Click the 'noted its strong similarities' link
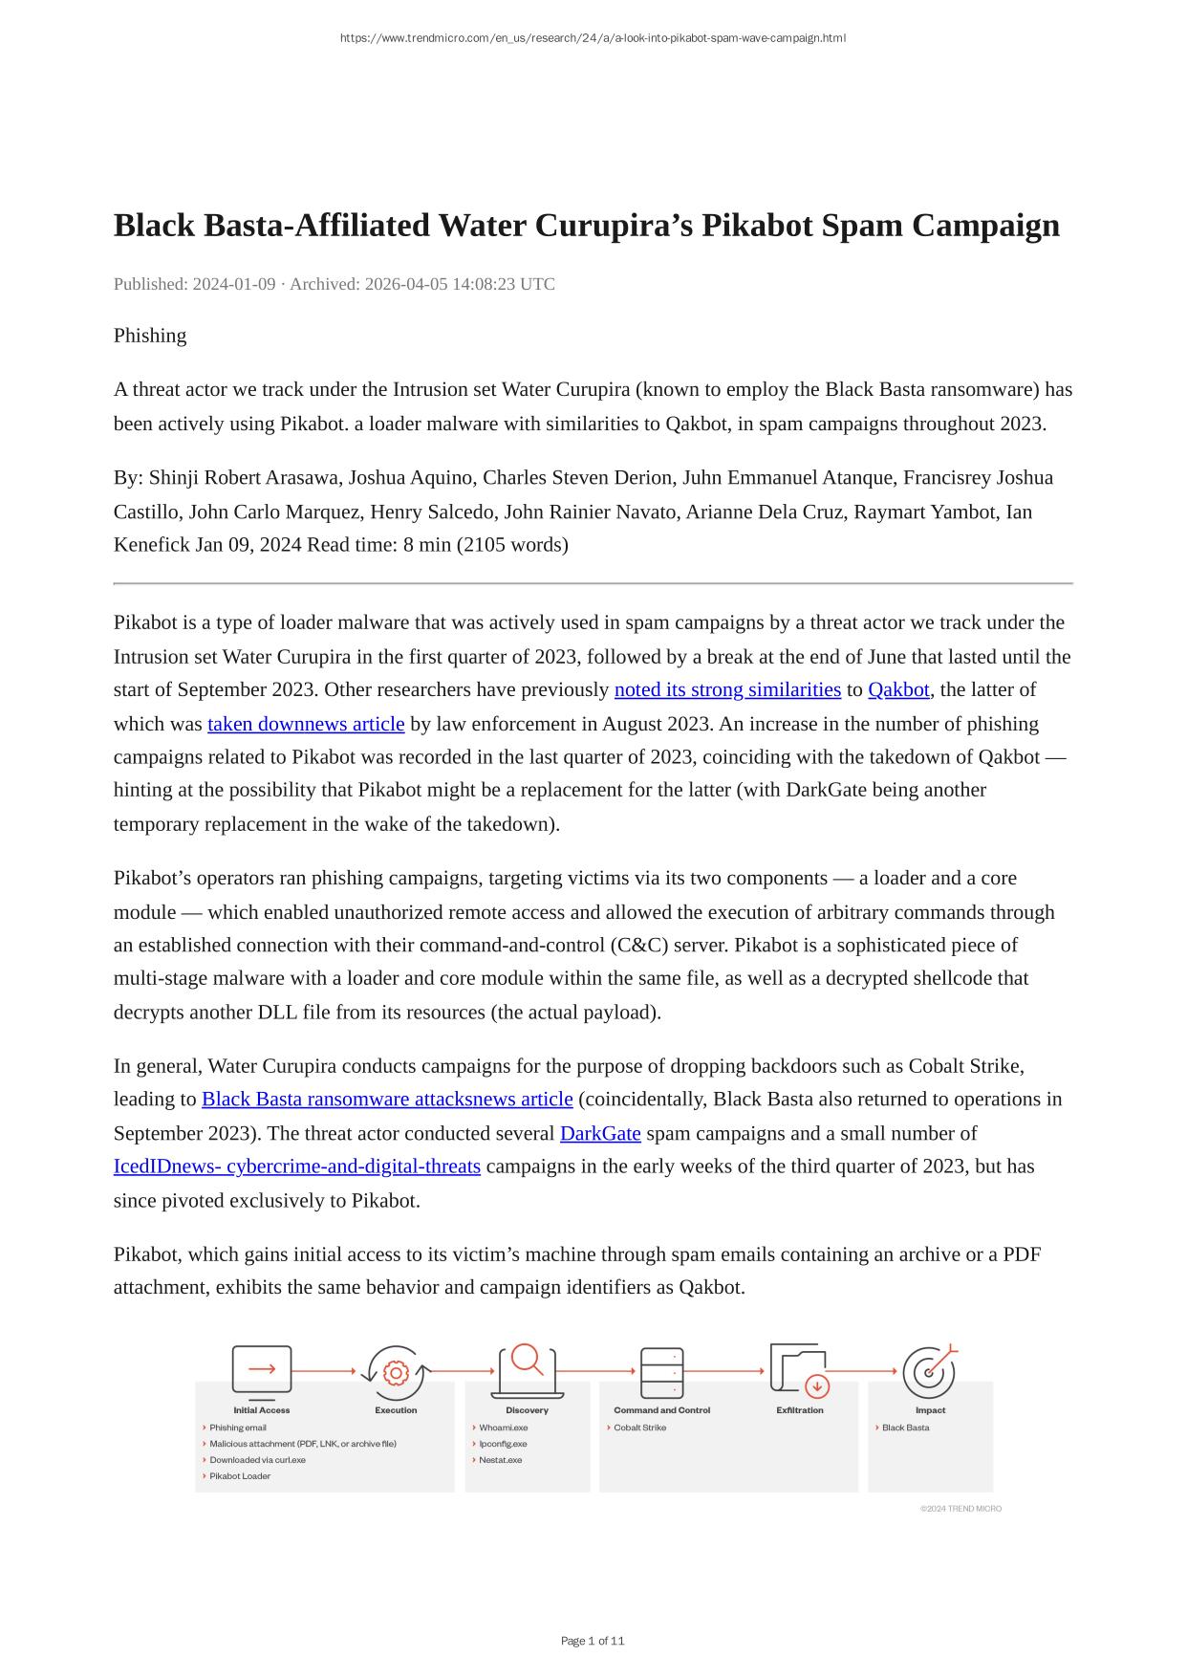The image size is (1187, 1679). click(727, 690)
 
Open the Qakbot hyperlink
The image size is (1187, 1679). click(898, 690)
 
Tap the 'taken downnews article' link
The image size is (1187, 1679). click(306, 724)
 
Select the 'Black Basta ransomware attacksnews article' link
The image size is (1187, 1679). click(387, 1100)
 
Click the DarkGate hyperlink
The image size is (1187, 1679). click(600, 1134)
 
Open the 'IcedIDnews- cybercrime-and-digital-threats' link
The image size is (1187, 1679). click(297, 1167)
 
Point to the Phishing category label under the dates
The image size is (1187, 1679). click(150, 336)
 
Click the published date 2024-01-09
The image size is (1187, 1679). click(234, 284)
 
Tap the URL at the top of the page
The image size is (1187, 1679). click(593, 38)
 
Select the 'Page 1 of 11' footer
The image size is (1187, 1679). click(593, 1641)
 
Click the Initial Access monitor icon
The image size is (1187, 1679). click(262, 1370)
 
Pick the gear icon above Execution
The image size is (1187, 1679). click(395, 1374)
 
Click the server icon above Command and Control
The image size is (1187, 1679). click(661, 1372)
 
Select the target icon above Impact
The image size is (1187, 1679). click(928, 1372)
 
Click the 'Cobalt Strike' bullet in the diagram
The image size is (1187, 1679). click(639, 1428)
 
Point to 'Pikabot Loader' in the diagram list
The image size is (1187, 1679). click(240, 1476)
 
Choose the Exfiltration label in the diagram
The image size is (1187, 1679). click(800, 1410)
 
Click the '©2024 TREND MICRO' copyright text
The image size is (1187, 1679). click(960, 1509)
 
